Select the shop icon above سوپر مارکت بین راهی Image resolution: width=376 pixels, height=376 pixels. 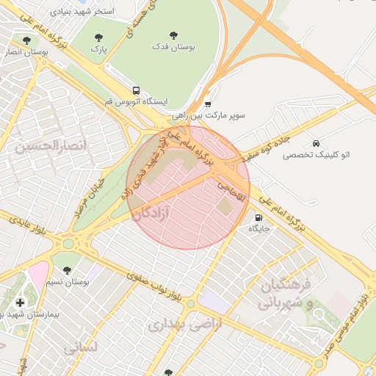pos(209,104)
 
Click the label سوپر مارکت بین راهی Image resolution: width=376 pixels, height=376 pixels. pos(209,115)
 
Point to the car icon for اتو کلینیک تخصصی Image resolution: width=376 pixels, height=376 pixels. pos(316,143)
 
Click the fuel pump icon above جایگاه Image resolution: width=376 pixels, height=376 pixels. pos(258,217)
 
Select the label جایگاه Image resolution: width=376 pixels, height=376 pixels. pos(259,228)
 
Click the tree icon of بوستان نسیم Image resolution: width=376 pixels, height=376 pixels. pos(68,270)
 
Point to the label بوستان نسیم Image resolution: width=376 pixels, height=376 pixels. pos(68,282)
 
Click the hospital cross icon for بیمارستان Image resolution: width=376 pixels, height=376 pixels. pos(20,302)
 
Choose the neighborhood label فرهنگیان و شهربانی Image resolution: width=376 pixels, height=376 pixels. pos(287,293)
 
